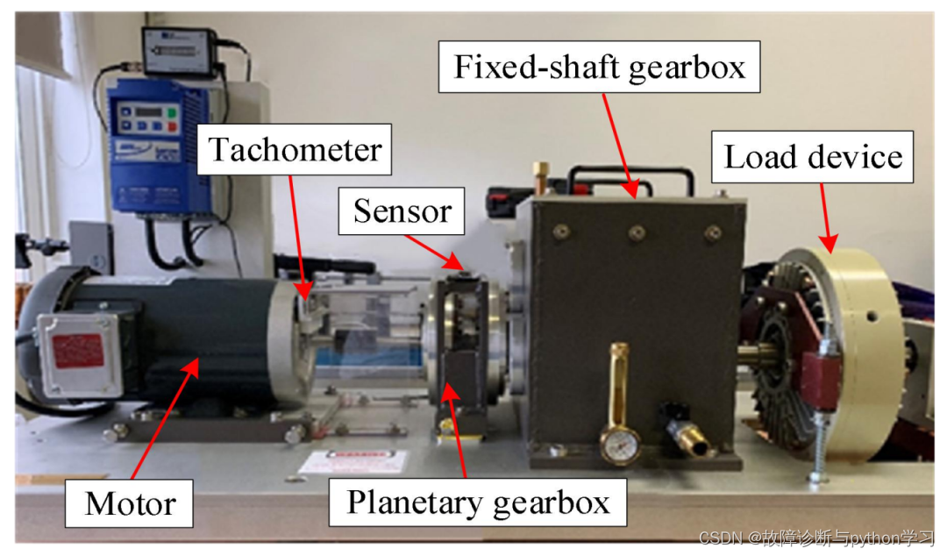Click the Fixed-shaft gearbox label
(x=599, y=67)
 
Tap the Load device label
(x=812, y=158)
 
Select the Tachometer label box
(x=295, y=149)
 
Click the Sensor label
(x=402, y=210)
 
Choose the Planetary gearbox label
(x=478, y=503)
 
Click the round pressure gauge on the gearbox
(x=619, y=444)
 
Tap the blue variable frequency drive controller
(x=157, y=145)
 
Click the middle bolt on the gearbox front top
(x=637, y=232)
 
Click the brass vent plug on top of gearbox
(x=542, y=170)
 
